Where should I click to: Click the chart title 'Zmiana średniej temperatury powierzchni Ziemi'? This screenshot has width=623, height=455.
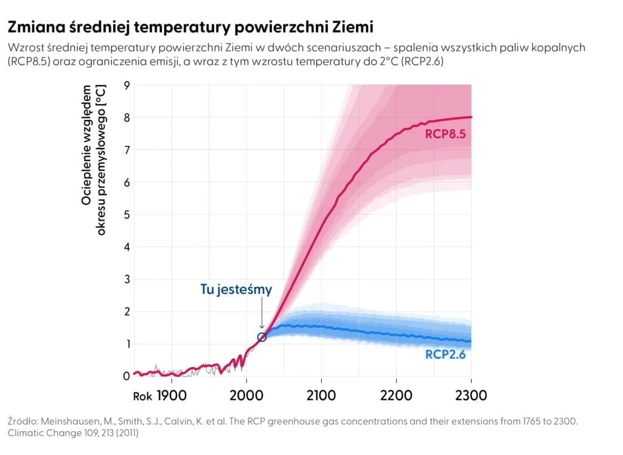click(190, 27)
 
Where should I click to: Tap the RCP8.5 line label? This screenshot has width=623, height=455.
click(445, 134)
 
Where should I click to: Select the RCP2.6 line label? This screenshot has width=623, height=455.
click(445, 354)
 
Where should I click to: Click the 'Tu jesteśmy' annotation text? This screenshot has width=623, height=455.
click(236, 290)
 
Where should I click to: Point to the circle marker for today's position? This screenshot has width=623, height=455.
click(262, 337)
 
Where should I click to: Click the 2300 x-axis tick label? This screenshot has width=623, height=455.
click(471, 396)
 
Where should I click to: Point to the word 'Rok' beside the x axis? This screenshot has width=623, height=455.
click(142, 397)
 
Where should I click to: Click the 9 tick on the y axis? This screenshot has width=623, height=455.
click(127, 85)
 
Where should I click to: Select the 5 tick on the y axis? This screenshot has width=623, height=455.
click(127, 215)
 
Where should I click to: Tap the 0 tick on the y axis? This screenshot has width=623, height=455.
click(127, 377)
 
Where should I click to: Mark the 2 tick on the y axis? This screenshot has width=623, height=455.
click(127, 312)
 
